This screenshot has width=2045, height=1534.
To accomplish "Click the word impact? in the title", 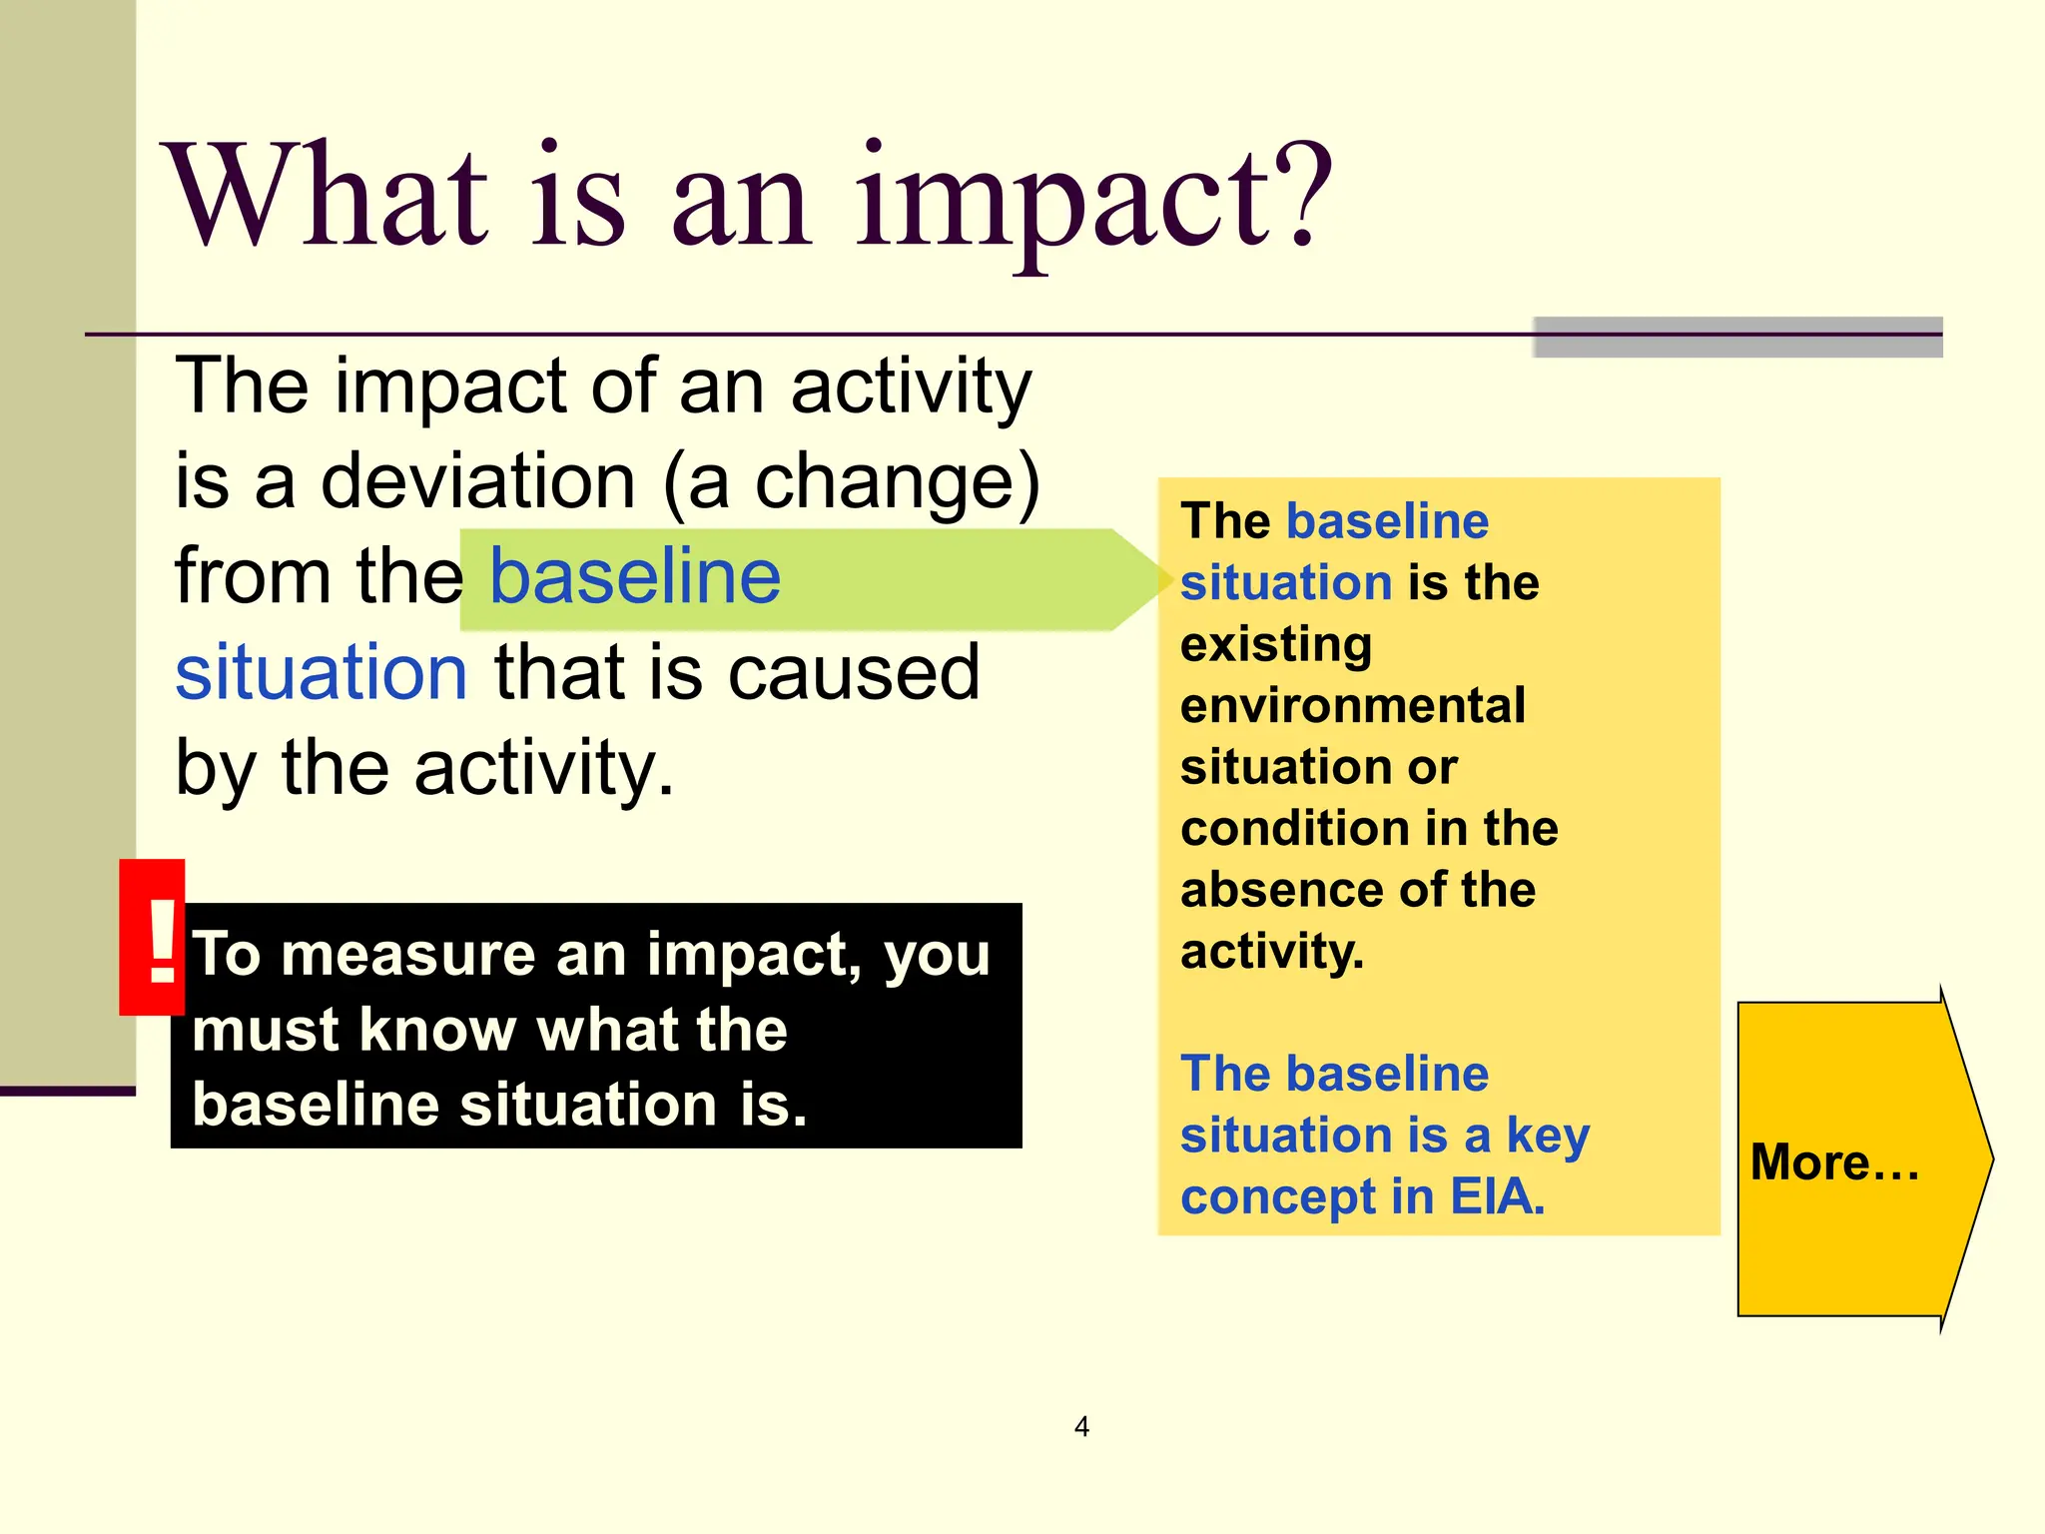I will pos(1093,200).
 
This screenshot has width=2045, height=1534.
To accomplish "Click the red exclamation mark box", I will pos(153,937).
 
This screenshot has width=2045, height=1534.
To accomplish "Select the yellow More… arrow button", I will pos(1857,1159).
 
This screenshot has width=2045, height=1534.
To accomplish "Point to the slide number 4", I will pos(1081,1426).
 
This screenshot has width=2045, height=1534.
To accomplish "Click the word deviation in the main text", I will pos(477,481).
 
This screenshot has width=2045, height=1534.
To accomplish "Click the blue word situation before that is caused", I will pos(321,672).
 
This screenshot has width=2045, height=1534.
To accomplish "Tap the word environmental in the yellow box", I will pos(1353,705).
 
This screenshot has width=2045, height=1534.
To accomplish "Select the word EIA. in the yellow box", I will pos(1497,1196).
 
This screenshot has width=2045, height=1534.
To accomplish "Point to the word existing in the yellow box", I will pos(1276,644).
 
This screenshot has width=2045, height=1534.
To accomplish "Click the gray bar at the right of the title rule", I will pos(1737,338).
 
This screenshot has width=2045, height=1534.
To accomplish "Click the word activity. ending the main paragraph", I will pos(544,768).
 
